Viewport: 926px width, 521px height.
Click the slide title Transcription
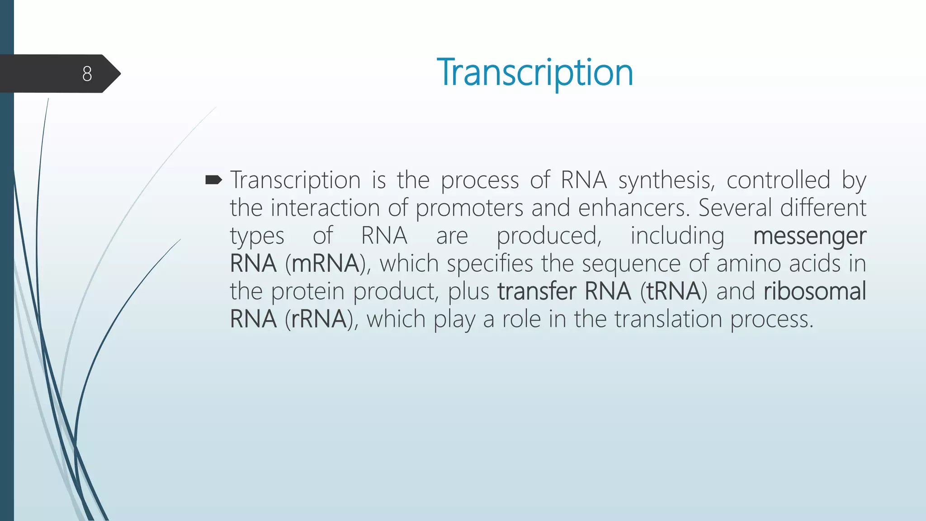tap(534, 73)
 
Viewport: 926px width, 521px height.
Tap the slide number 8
tap(87, 74)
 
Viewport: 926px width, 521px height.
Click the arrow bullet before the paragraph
tap(213, 180)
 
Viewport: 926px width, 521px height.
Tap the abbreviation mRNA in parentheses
tap(325, 264)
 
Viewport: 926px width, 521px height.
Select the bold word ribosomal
tap(815, 291)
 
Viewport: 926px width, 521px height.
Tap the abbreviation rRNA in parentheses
tap(319, 319)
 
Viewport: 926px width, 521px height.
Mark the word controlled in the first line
tap(778, 180)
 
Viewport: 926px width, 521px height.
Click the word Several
tap(735, 208)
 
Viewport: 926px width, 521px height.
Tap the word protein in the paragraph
tap(307, 292)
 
